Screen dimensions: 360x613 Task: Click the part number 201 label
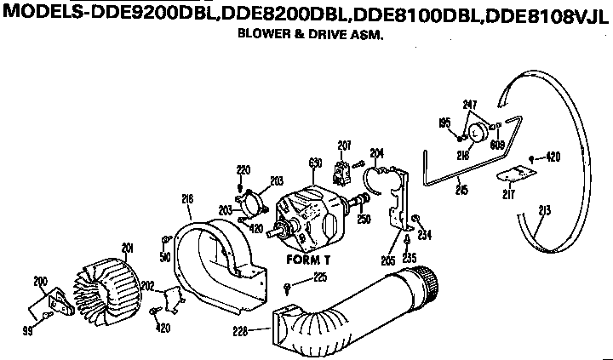click(129, 248)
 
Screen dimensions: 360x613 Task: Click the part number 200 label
click(39, 280)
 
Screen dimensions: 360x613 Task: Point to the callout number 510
click(164, 255)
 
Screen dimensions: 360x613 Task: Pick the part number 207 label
click(344, 146)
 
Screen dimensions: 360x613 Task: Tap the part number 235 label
click(410, 256)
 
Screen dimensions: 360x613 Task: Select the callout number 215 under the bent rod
click(461, 189)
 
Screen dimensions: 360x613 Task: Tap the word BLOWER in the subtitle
click(261, 37)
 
